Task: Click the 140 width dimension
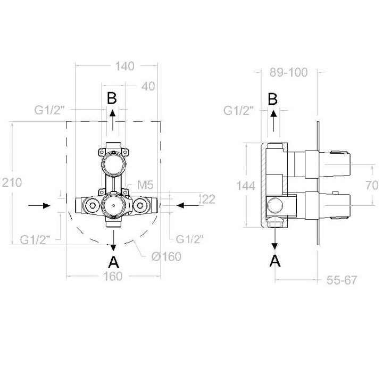[x=124, y=66]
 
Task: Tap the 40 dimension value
[x=148, y=87]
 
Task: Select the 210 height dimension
[x=12, y=182]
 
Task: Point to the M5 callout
[x=145, y=185]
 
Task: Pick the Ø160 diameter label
[x=166, y=256]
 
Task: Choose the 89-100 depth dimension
[x=288, y=72]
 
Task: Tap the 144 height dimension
[x=246, y=186]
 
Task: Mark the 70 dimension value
[x=372, y=186]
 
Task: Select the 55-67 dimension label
[x=342, y=280]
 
